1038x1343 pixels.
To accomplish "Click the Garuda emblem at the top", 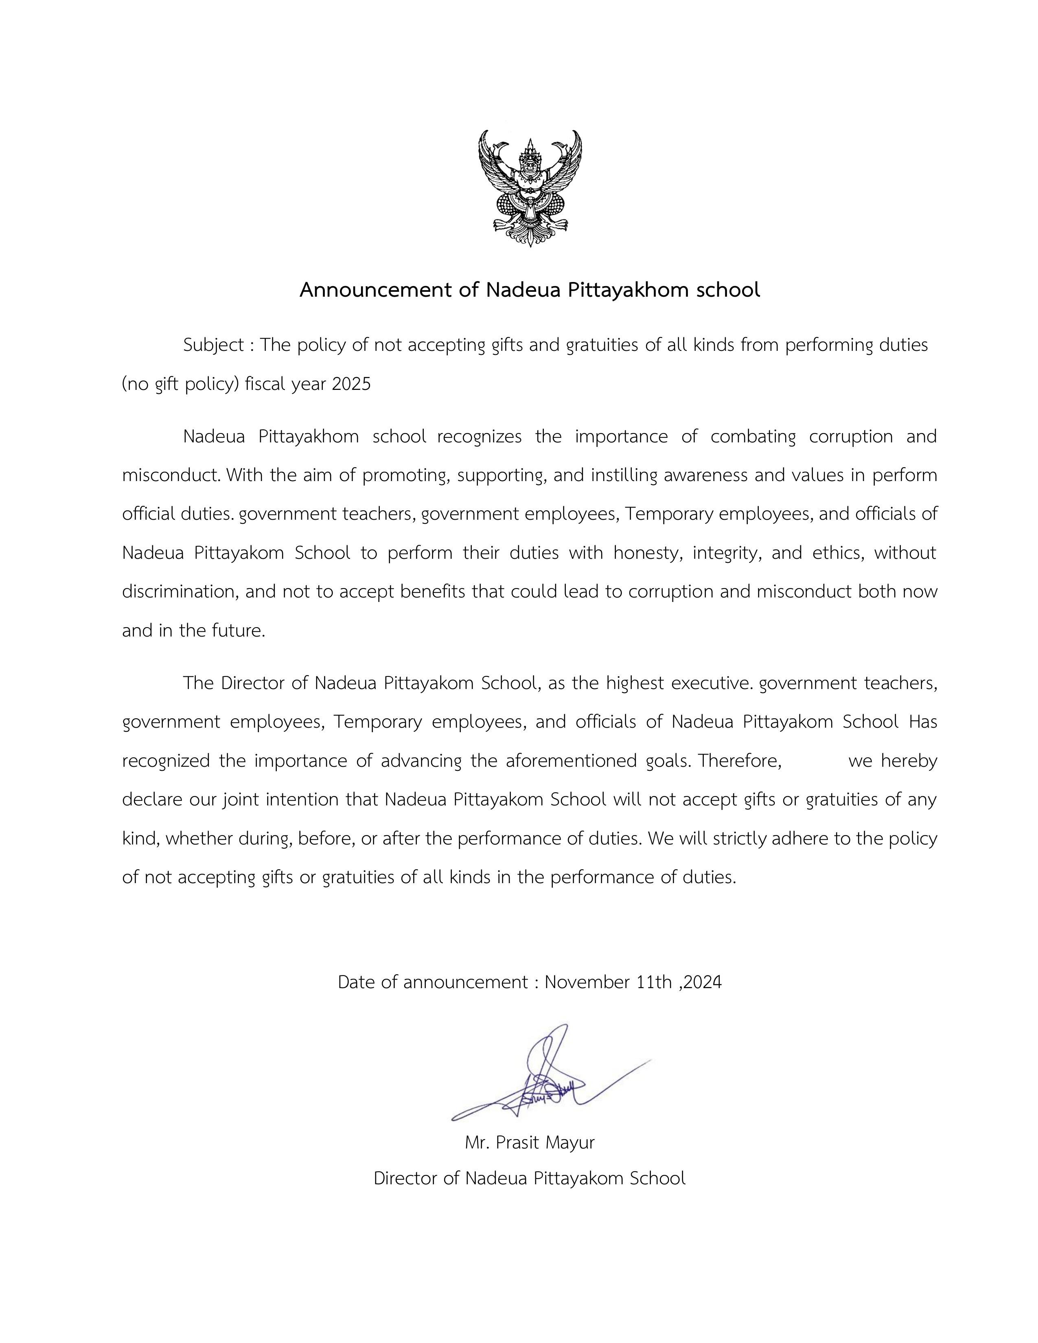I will tap(530, 188).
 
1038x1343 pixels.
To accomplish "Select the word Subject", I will tap(213, 346).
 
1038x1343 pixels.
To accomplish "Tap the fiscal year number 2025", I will tap(351, 384).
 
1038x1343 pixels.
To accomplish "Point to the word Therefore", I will tap(740, 761).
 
